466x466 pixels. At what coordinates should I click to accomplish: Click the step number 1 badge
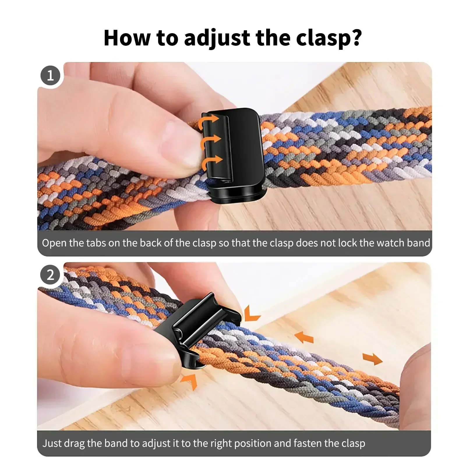pos(50,75)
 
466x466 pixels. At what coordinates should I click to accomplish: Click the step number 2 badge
pos(50,275)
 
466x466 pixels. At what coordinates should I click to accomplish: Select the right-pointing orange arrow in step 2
pos(373,359)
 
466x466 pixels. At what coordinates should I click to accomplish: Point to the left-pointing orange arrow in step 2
pos(304,337)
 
